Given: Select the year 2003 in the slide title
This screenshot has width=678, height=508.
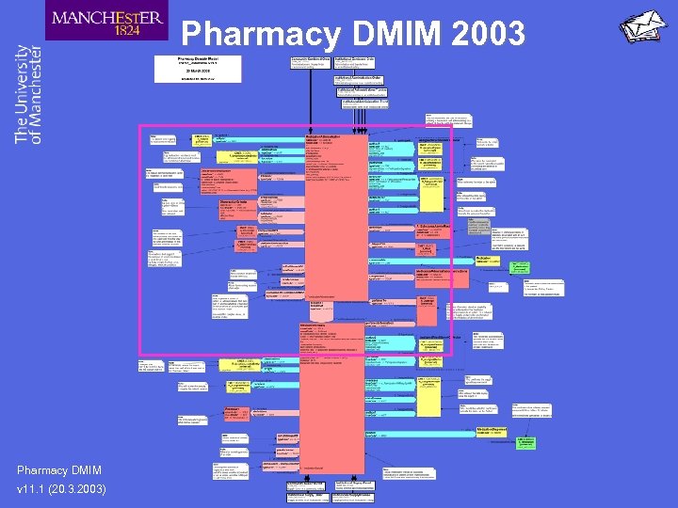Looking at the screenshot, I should click(x=487, y=34).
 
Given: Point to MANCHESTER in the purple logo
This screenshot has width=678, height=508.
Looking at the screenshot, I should click(x=107, y=16).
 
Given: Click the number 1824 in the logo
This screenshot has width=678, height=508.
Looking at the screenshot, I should click(x=127, y=30).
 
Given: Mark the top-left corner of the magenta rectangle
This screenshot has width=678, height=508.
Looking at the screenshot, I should click(x=139, y=125).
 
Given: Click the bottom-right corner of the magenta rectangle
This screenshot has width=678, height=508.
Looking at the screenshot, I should click(x=452, y=355).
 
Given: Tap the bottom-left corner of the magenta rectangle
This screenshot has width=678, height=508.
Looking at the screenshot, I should click(x=139, y=355).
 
